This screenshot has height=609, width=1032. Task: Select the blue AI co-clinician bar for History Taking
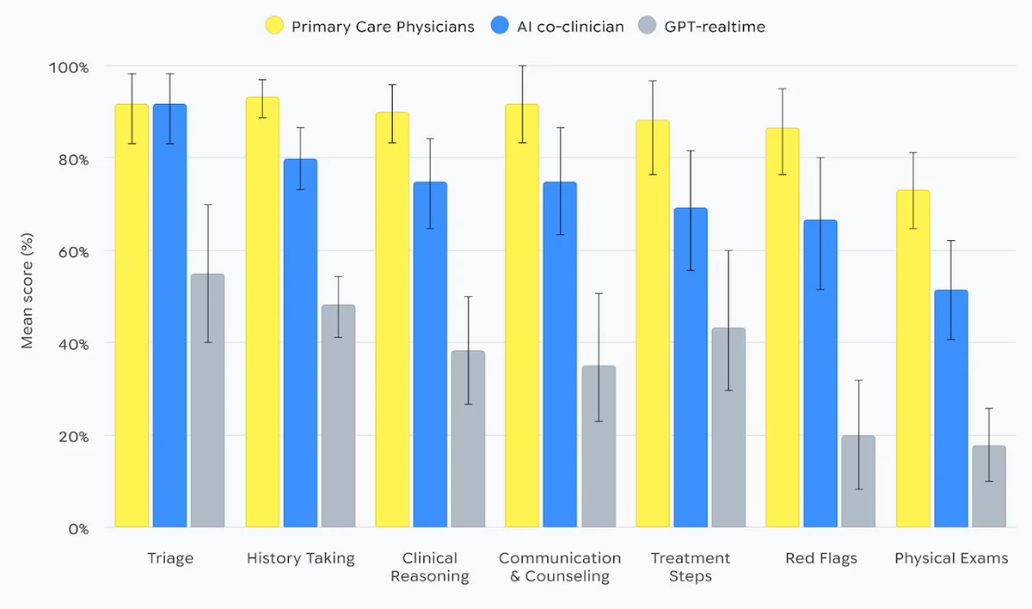point(300,343)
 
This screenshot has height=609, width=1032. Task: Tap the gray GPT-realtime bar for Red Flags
point(857,482)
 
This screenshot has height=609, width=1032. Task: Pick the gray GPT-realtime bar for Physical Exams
point(988,487)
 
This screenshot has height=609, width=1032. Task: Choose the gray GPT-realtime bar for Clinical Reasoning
point(468,439)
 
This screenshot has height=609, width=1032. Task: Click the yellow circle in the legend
point(273,27)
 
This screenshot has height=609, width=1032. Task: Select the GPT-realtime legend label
point(714,27)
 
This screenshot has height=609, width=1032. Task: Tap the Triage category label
point(170,558)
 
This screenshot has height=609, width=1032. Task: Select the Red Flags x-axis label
point(820,558)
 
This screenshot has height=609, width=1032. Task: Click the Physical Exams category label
point(950,558)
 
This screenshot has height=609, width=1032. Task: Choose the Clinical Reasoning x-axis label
point(430,567)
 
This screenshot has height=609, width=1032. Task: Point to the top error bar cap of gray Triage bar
point(207,205)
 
